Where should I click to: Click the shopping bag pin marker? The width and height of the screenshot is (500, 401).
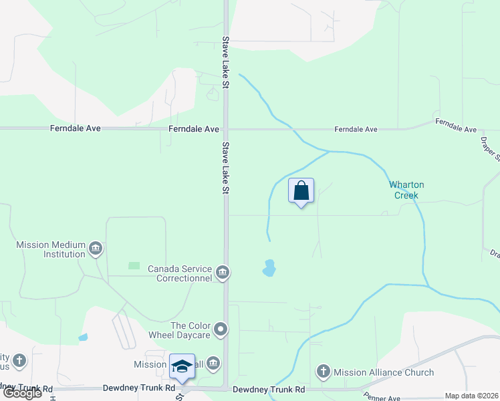301,191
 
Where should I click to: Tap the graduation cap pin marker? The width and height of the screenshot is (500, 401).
182,367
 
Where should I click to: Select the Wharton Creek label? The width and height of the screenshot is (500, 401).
406,190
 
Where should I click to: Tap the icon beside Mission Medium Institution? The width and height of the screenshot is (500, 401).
96,249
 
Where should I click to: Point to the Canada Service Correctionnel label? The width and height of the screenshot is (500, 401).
180,273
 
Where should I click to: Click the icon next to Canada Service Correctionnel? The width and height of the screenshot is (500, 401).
223,273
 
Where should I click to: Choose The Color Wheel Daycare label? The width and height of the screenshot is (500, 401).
191,330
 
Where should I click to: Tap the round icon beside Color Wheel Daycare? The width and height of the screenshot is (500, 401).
221,330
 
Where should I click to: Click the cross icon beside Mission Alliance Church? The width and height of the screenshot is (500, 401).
324,372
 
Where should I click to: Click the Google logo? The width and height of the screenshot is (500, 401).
22,393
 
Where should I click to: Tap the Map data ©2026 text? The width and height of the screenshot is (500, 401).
471,396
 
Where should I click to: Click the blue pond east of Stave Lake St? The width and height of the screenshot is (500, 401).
269,268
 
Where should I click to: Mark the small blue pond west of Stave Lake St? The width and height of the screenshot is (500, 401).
83,338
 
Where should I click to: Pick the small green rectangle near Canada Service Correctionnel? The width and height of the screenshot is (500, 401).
134,266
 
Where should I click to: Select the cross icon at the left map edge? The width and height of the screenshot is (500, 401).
19,361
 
